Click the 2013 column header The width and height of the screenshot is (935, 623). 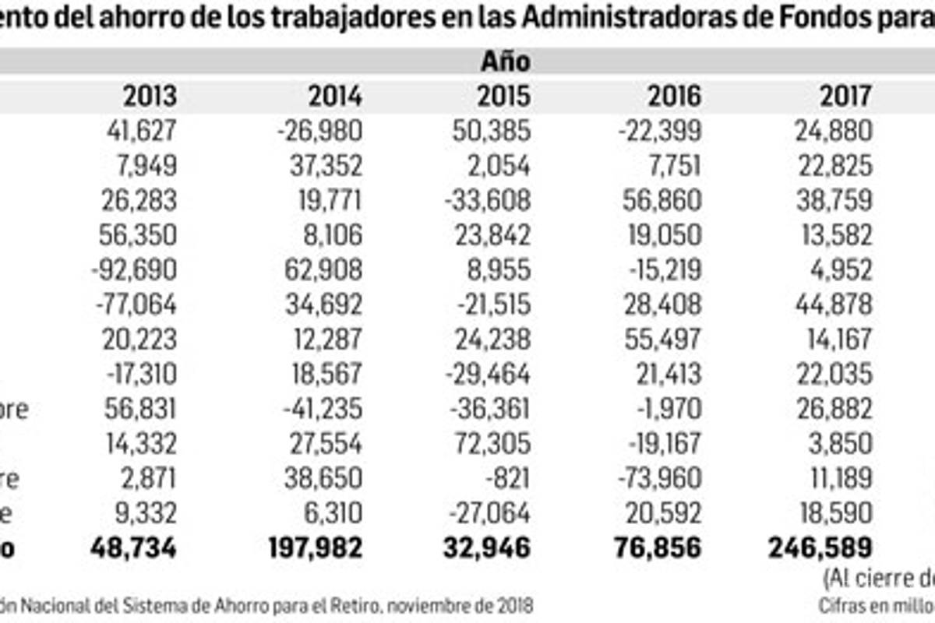pyautogui.click(x=150, y=96)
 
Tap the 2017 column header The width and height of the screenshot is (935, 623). pyautogui.click(x=845, y=96)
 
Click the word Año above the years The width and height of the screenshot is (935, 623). pyautogui.click(x=505, y=61)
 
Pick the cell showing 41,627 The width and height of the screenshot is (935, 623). pyautogui.click(x=142, y=131)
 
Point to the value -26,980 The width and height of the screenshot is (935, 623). pyautogui.click(x=319, y=131)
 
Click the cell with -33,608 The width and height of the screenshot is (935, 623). pyautogui.click(x=489, y=200)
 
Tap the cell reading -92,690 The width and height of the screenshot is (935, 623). pyautogui.click(x=134, y=269)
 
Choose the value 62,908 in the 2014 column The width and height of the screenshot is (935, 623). pyautogui.click(x=324, y=269)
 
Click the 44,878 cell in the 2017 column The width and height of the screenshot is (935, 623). pyautogui.click(x=834, y=304)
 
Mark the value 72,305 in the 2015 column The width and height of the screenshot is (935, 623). pyautogui.click(x=492, y=443)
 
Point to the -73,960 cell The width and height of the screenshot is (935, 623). pyautogui.click(x=659, y=478)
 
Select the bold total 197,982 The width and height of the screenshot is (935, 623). pyautogui.click(x=315, y=547)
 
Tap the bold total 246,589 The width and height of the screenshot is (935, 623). pyautogui.click(x=820, y=547)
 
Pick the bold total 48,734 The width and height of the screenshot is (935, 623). pyautogui.click(x=133, y=547)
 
